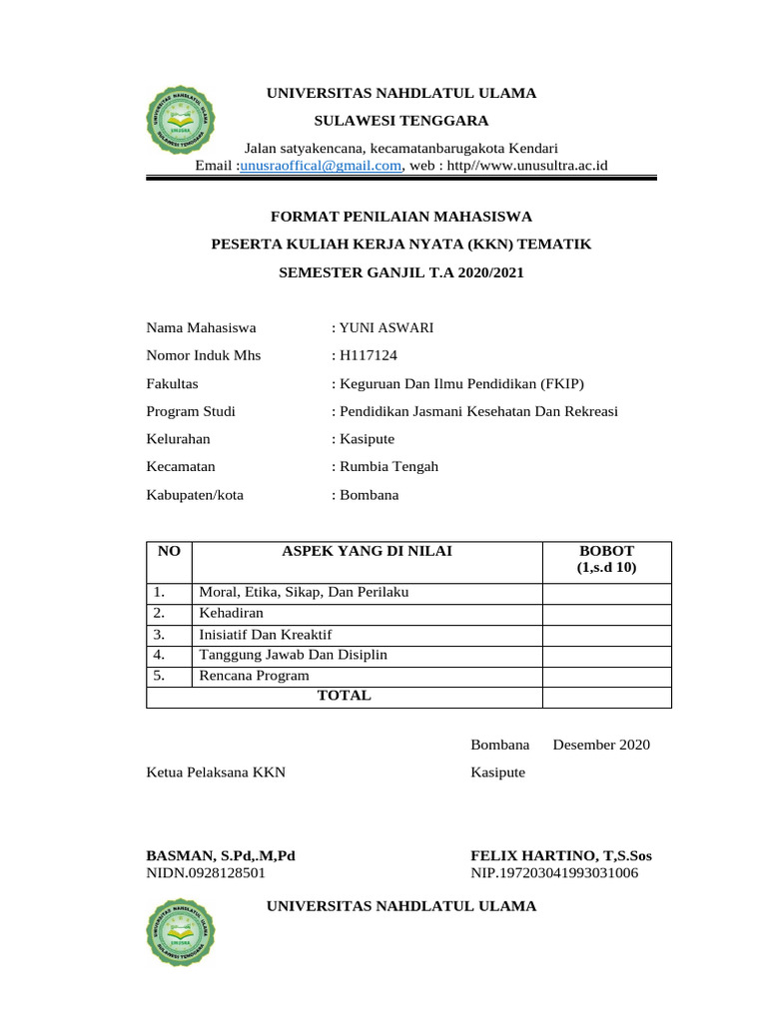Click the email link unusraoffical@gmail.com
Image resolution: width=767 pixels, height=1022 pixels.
coord(321,166)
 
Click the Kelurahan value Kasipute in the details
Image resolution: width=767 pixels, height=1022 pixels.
coord(367,438)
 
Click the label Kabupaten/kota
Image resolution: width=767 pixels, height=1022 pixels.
coord(195,494)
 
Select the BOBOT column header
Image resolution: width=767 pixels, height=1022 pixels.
coord(606,559)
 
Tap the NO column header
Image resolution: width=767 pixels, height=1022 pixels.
coord(169,551)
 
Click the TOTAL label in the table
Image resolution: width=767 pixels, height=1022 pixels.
coord(344,696)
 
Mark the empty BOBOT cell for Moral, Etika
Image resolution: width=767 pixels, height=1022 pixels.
coord(606,593)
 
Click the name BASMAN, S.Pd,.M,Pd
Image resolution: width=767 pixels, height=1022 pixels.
coord(221,855)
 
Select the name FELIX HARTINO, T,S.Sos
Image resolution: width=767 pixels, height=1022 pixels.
coord(560,855)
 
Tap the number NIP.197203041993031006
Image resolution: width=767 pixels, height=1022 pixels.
coord(554,873)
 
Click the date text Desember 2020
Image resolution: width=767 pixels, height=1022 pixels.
coord(601,745)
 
